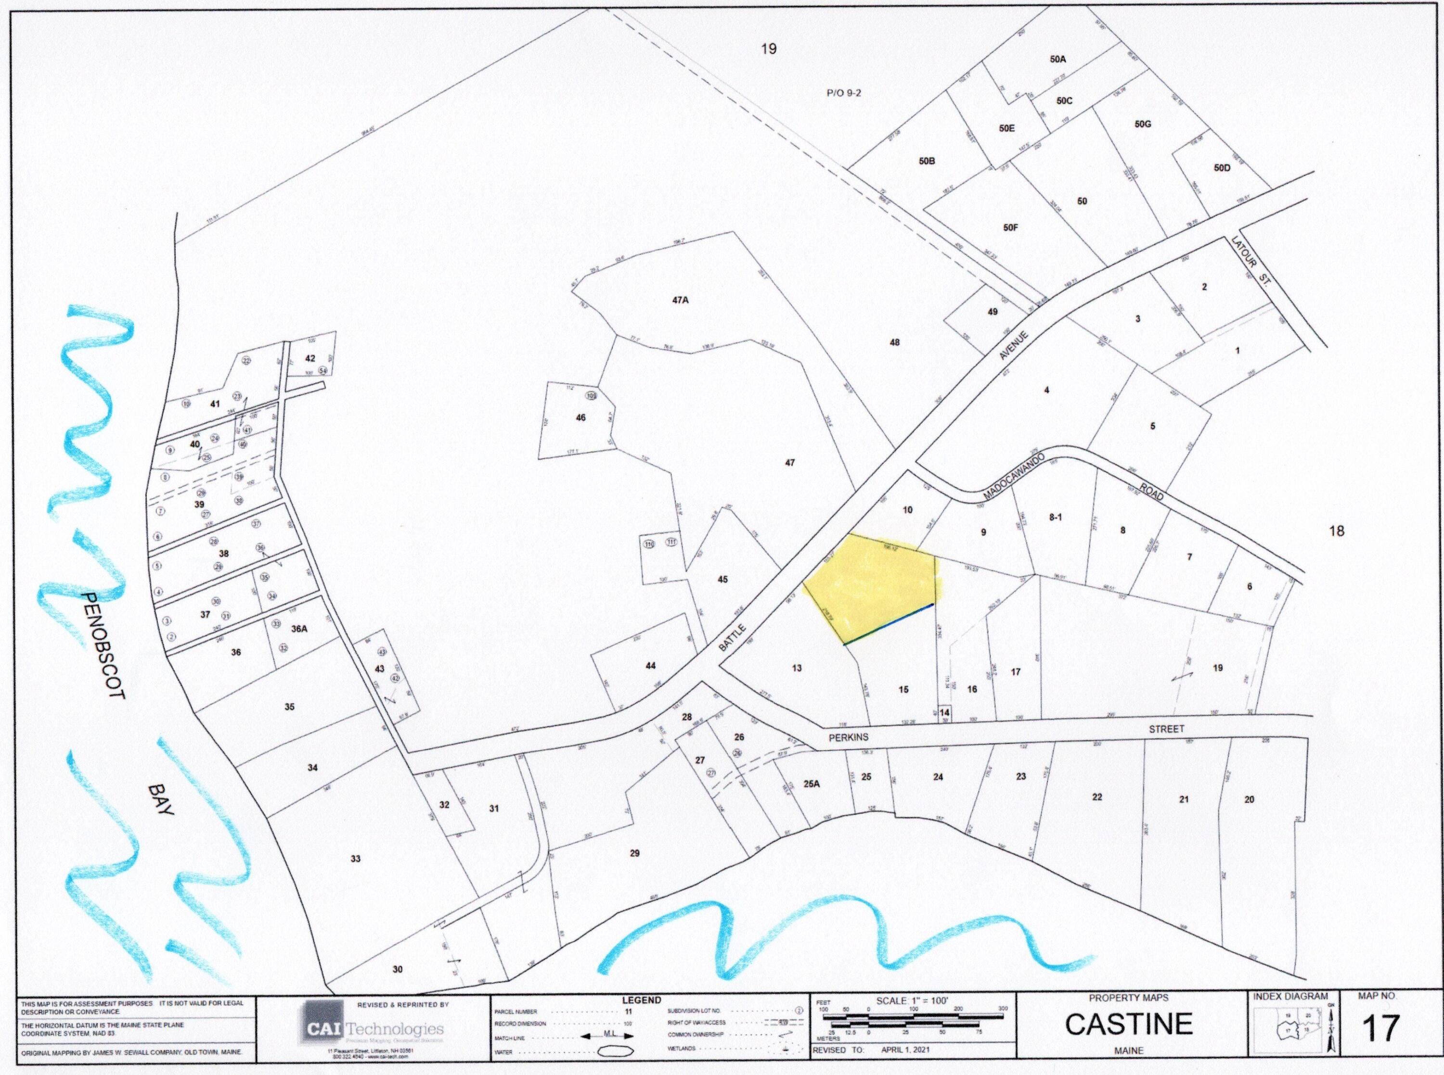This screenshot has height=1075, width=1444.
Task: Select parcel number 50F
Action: coord(1010,228)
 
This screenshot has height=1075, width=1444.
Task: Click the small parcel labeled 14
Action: coord(945,712)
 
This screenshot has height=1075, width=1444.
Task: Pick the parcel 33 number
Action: coord(356,859)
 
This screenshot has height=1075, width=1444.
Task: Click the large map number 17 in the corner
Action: coord(1380,1027)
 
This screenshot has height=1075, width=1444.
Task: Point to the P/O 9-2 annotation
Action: coord(844,93)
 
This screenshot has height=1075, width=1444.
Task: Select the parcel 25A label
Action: coord(811,784)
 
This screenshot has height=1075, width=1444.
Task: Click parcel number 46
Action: coord(580,417)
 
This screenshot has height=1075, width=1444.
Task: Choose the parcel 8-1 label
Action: coord(1056,518)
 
